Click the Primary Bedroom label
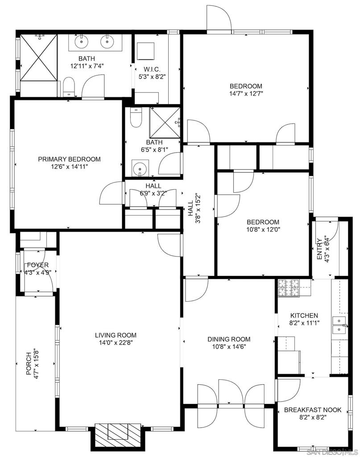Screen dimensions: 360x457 [69, 159]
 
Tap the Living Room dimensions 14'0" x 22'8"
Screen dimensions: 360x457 [116, 343]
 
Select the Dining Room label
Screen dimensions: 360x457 [229, 339]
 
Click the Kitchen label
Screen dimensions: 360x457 [304, 316]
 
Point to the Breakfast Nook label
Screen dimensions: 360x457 [313, 410]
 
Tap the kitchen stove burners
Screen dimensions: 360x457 [289, 288]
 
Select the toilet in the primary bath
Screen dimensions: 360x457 [69, 87]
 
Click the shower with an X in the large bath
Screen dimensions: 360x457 [39, 57]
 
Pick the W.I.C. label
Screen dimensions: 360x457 [152, 69]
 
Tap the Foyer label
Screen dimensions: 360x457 [38, 265]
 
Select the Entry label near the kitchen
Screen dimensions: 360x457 [319, 249]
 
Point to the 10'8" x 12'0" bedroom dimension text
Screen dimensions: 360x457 [263, 229]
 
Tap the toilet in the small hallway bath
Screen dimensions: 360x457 [136, 117]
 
